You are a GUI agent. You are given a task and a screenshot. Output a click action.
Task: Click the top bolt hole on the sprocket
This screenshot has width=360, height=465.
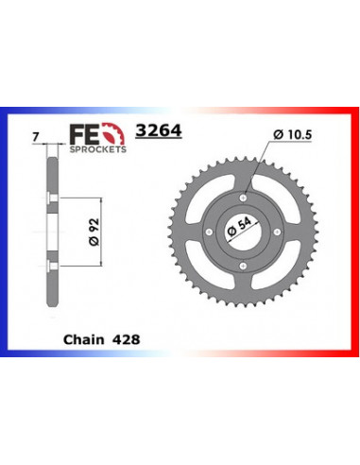(x=245, y=197)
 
